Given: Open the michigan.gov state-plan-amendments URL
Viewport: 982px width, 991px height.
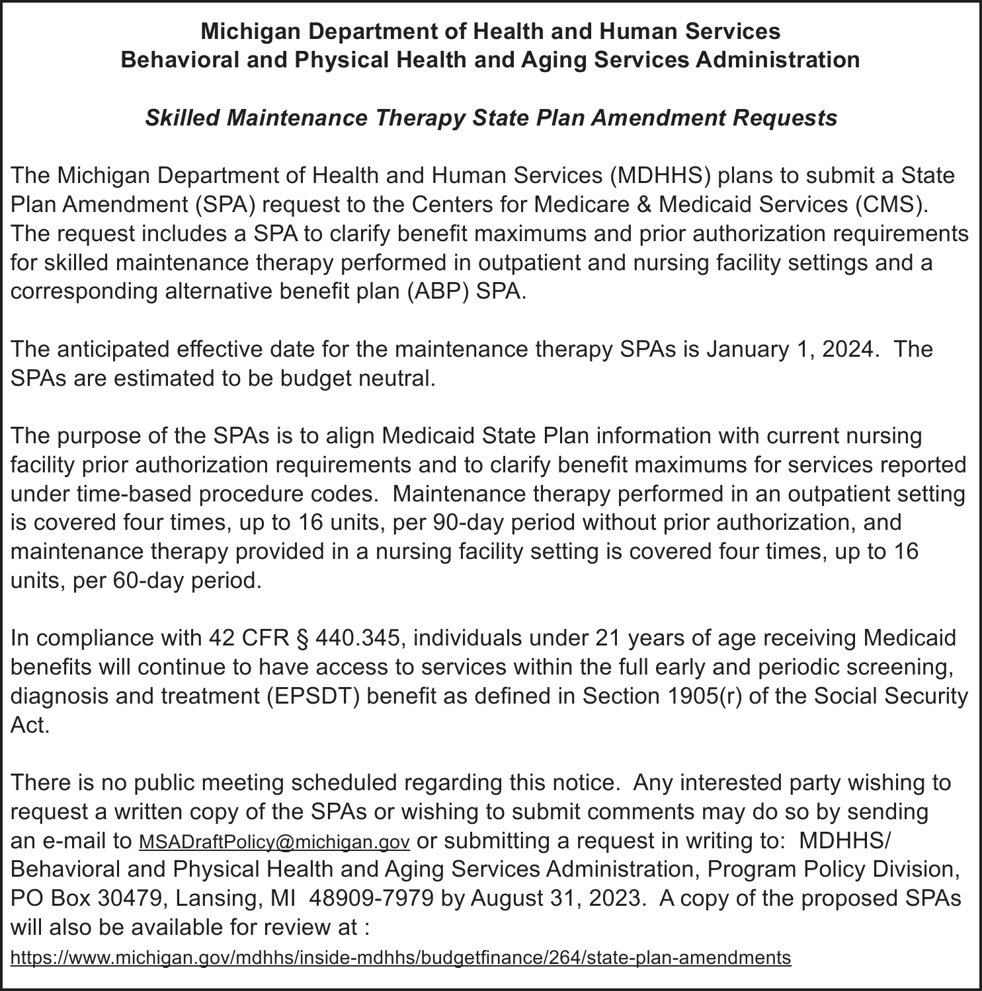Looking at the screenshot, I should click(401, 957).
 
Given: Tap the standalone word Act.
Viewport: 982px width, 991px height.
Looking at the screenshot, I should click(30, 725).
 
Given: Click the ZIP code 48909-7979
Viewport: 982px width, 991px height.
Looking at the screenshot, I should click(372, 899).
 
